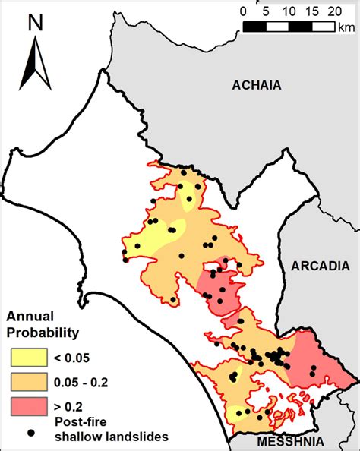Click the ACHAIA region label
click(256, 86)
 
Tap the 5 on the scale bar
click(266, 11)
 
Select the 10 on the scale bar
click(289, 11)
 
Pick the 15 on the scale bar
click(311, 11)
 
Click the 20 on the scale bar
click(335, 11)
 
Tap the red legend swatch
click(28, 408)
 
